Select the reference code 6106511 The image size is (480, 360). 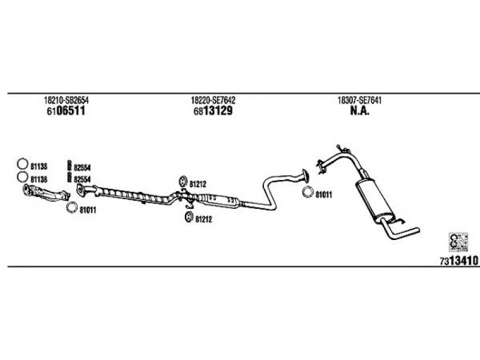click(65, 111)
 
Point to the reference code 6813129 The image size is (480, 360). click(213, 111)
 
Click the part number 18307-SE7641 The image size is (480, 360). click(360, 101)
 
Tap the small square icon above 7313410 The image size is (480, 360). click(458, 242)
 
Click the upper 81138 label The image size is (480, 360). click(38, 164)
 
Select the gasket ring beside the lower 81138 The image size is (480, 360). click(22, 178)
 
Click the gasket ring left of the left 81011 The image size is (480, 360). click(71, 208)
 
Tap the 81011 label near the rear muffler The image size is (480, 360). click(323, 194)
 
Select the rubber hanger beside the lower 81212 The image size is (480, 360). click(188, 217)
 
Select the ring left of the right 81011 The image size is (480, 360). click(307, 193)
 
